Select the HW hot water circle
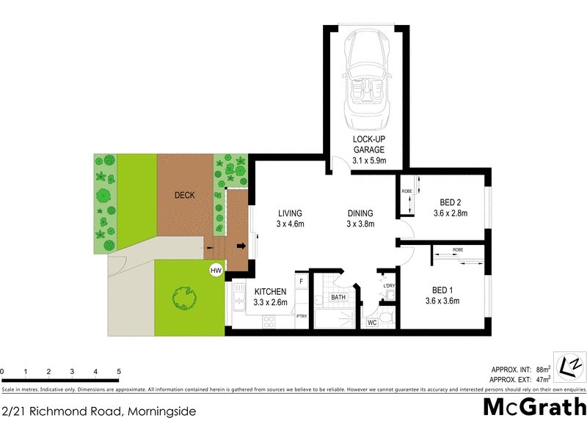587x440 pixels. coord(216,271)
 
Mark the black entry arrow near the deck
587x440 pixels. coord(241,246)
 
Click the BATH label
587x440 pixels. coord(338,297)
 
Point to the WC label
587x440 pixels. coord(372,322)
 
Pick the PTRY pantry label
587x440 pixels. coord(301,316)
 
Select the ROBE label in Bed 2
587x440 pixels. coord(406,192)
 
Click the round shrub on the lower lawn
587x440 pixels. coord(185,298)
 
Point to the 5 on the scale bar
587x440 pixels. coord(118,372)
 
